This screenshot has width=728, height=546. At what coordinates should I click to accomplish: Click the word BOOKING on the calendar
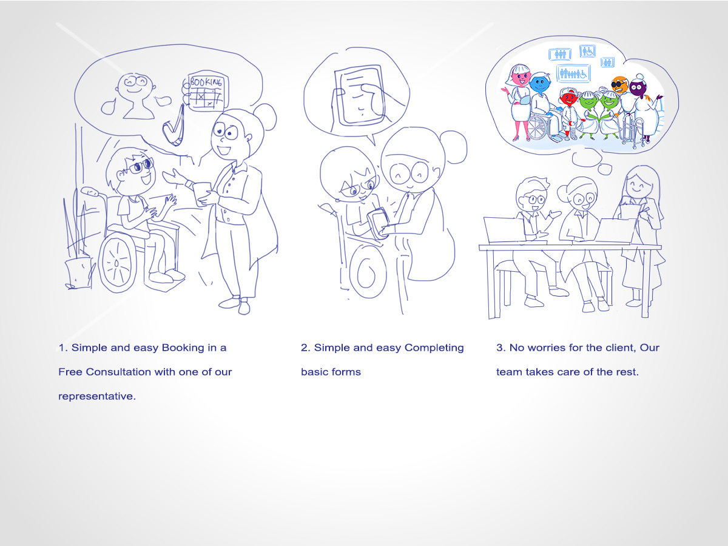(207, 82)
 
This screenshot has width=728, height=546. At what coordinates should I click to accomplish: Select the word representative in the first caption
(96, 396)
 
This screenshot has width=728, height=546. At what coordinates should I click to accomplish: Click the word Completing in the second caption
(434, 348)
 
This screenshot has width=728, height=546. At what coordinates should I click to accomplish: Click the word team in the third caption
(510, 372)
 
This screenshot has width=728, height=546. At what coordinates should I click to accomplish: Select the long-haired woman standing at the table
(638, 231)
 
